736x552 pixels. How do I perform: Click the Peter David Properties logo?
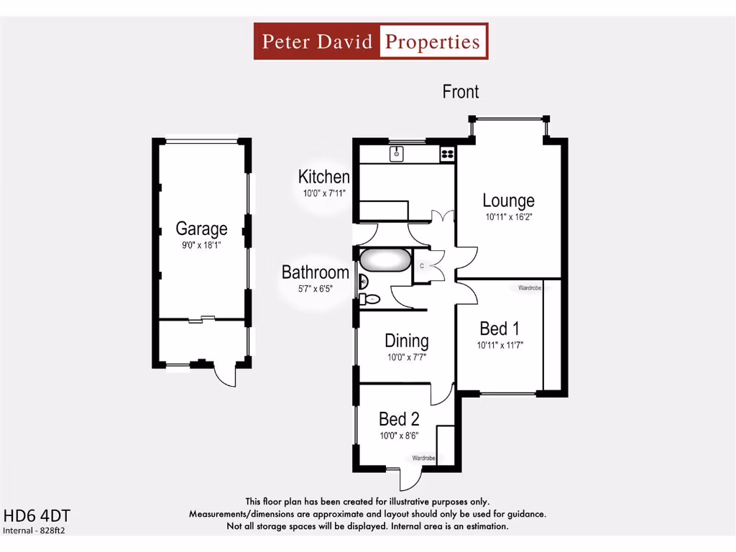click(371, 41)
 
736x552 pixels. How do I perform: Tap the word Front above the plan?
click(461, 92)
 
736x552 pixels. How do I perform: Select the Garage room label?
click(201, 229)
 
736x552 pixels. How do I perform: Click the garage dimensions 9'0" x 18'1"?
click(201, 245)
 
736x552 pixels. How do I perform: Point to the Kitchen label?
click(324, 177)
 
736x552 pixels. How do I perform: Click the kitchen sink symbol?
click(396, 153)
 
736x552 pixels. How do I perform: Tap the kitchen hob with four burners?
click(447, 153)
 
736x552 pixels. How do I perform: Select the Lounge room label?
click(508, 201)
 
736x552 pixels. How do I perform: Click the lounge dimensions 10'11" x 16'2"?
click(508, 216)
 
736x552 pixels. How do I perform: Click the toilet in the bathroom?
click(369, 298)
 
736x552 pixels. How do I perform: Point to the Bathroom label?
click(315, 272)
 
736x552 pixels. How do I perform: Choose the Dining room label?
click(406, 341)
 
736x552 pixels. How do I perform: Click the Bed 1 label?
click(500, 328)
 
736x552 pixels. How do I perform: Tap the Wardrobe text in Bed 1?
click(530, 288)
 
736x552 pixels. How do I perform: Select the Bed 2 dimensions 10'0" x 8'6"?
click(399, 435)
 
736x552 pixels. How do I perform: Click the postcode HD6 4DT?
click(37, 516)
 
